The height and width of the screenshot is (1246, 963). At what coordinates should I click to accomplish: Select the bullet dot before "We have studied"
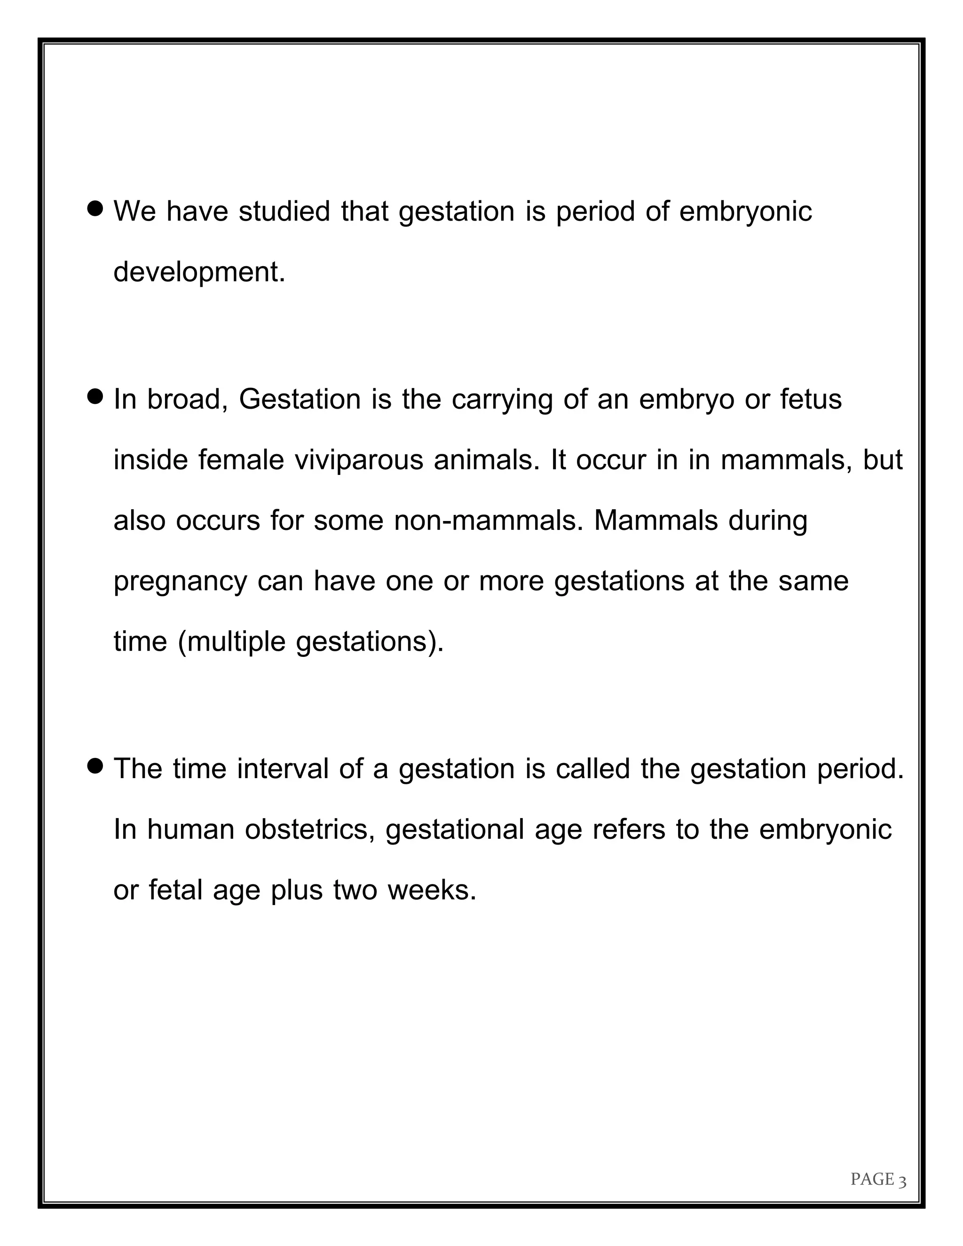(96, 208)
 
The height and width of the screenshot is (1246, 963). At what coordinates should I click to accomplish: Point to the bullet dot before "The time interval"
(96, 765)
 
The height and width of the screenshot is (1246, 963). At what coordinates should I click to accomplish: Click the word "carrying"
(502, 399)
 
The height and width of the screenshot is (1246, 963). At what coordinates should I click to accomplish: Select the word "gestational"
(455, 830)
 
